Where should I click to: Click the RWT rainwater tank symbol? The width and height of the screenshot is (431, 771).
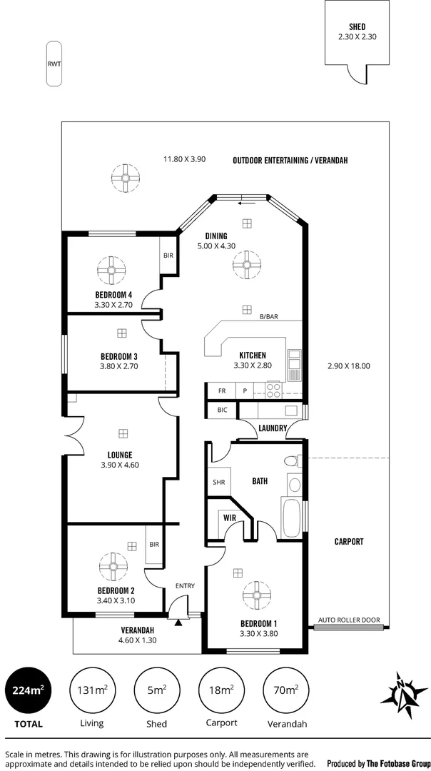coord(54,64)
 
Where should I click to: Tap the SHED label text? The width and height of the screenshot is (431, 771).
coord(357,27)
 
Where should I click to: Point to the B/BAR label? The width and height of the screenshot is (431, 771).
coord(269,317)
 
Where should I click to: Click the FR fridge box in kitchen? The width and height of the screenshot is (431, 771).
coord(222,390)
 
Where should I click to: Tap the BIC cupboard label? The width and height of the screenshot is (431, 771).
coord(222,410)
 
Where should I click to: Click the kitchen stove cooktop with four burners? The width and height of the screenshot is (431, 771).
coord(274,390)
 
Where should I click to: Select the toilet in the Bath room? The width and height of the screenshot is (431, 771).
coord(293,461)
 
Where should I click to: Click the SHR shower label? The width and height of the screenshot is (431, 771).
coord(218,483)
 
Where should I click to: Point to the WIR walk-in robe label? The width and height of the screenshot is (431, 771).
coord(230,518)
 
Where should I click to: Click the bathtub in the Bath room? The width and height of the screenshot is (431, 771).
coord(290,518)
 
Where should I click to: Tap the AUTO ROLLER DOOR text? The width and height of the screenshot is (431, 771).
coord(349,620)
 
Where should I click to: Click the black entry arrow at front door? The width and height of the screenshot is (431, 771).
coord(178,623)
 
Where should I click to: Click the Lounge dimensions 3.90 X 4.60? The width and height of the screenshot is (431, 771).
coord(121,464)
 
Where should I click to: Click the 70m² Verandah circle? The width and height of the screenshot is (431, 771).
coord(287,690)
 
